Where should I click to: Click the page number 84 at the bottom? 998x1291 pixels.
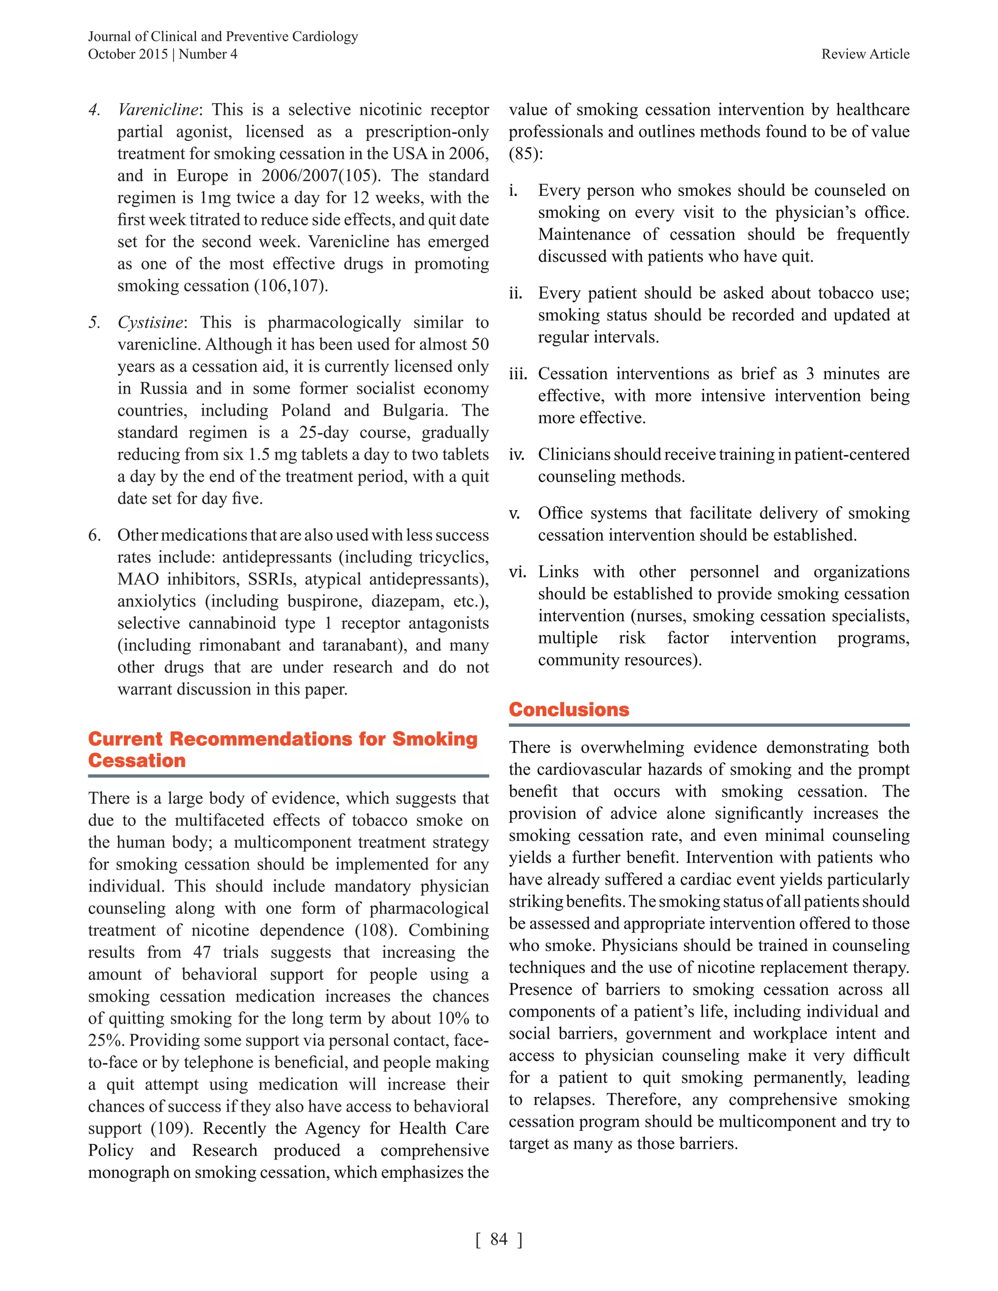(499, 1239)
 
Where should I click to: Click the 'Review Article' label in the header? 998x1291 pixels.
(865, 55)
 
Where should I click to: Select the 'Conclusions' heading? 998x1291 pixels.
(569, 709)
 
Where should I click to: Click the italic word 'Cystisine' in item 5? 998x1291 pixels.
(151, 323)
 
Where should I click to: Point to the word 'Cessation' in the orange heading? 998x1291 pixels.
(136, 761)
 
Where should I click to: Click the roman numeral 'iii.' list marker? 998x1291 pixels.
(518, 374)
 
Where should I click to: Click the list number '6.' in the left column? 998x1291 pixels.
(95, 535)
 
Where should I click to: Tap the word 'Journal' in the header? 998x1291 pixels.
(109, 37)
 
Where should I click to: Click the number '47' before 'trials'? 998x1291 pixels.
(202, 953)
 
